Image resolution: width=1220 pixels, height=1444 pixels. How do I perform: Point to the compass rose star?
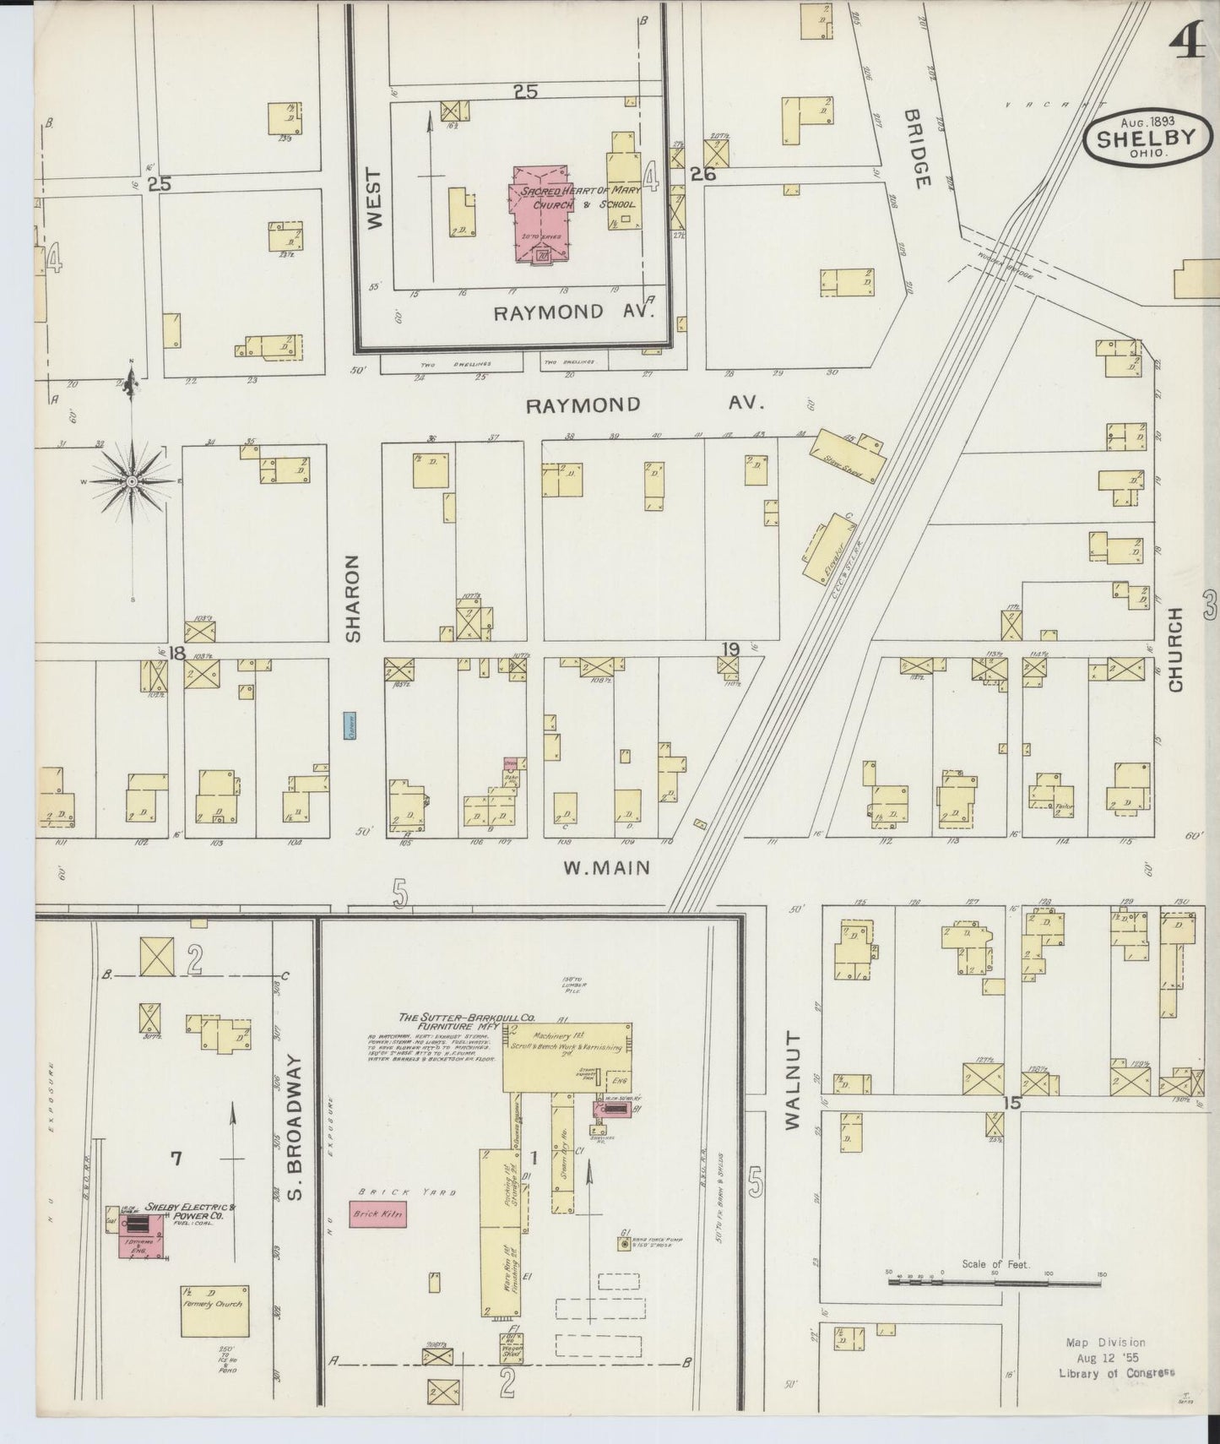(x=132, y=481)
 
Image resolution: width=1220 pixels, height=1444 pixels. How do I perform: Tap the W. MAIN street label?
(x=607, y=867)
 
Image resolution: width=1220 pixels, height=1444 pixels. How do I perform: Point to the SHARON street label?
(x=352, y=598)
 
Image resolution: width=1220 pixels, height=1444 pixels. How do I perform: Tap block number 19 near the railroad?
(x=730, y=649)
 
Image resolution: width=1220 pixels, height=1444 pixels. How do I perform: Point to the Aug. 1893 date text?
(x=1147, y=121)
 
